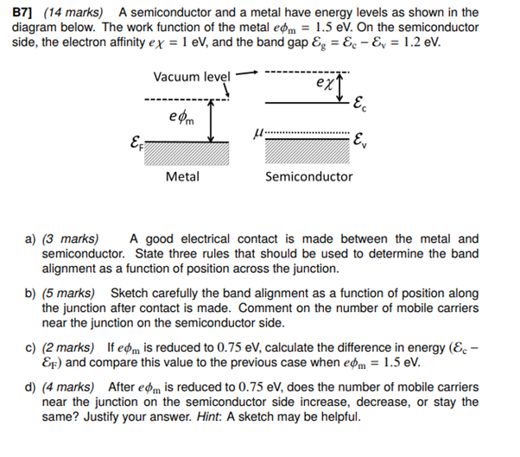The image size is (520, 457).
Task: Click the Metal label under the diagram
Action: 182,176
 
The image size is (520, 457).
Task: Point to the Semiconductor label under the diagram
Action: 308,176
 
